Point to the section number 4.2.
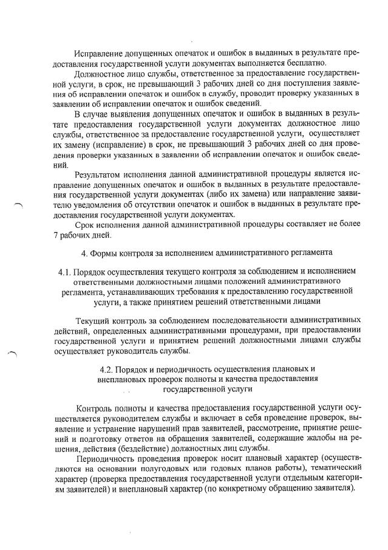[x=110, y=369]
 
